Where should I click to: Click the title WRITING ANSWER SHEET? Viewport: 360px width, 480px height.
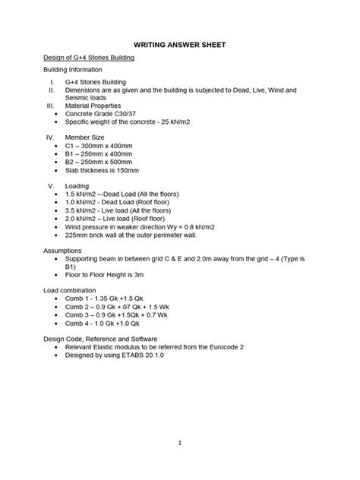pyautogui.click(x=179, y=45)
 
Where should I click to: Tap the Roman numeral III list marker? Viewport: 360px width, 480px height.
pyautogui.click(x=50, y=106)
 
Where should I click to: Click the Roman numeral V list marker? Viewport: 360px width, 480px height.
pyautogui.click(x=51, y=186)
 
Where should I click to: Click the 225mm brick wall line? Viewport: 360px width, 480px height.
pyautogui.click(x=137, y=235)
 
